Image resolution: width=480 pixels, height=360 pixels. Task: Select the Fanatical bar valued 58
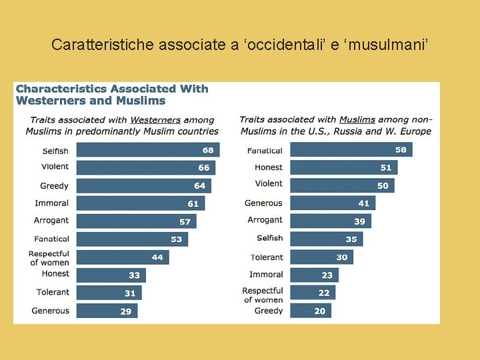click(x=351, y=150)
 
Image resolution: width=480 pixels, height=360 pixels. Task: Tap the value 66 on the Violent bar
click(x=204, y=168)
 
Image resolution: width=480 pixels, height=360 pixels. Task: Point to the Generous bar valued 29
click(x=107, y=311)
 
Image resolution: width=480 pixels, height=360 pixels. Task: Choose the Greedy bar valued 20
click(x=310, y=311)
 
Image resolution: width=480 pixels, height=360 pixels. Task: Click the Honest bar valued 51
click(x=343, y=167)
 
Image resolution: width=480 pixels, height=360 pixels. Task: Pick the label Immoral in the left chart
click(x=52, y=203)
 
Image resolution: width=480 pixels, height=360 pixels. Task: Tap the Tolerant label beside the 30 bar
click(x=267, y=257)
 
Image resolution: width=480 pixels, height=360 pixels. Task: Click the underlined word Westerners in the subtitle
click(x=155, y=120)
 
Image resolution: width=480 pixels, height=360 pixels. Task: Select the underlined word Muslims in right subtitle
click(x=357, y=120)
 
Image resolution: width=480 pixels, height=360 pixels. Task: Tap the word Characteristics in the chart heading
click(x=63, y=89)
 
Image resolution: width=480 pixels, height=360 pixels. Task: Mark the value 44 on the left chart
click(x=157, y=257)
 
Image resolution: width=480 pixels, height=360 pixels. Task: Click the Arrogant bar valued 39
click(x=330, y=221)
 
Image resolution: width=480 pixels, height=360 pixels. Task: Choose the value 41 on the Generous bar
click(x=363, y=203)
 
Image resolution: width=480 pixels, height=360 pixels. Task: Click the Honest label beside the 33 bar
click(x=55, y=274)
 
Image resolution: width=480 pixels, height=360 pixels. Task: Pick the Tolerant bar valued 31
click(x=109, y=293)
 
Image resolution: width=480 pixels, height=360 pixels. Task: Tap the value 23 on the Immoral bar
click(x=327, y=275)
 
